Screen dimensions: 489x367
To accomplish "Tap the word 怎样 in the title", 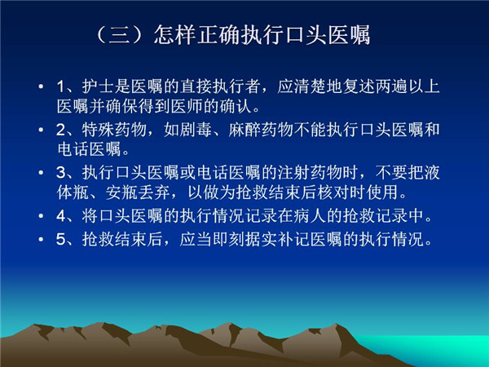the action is click(175, 34).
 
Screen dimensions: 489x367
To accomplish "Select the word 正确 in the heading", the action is click(218, 34).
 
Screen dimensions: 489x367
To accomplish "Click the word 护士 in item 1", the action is click(99, 86).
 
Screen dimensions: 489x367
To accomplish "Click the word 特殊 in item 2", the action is click(99, 130).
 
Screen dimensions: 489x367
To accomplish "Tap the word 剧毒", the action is click(196, 130).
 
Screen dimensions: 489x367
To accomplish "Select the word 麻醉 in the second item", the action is click(244, 130).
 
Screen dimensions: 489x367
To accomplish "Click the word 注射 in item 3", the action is click(293, 173).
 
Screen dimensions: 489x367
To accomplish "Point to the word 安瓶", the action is click(122, 192).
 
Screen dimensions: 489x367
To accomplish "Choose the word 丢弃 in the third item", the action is click(155, 192).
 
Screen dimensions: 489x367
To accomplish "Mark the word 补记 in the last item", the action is click(293, 239).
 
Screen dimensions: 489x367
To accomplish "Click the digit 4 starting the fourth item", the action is click(61, 216).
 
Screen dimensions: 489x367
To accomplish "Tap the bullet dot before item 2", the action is click(41, 130).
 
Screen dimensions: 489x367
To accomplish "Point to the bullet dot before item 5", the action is click(41, 239).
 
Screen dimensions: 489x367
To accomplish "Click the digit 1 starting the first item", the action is click(61, 86).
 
